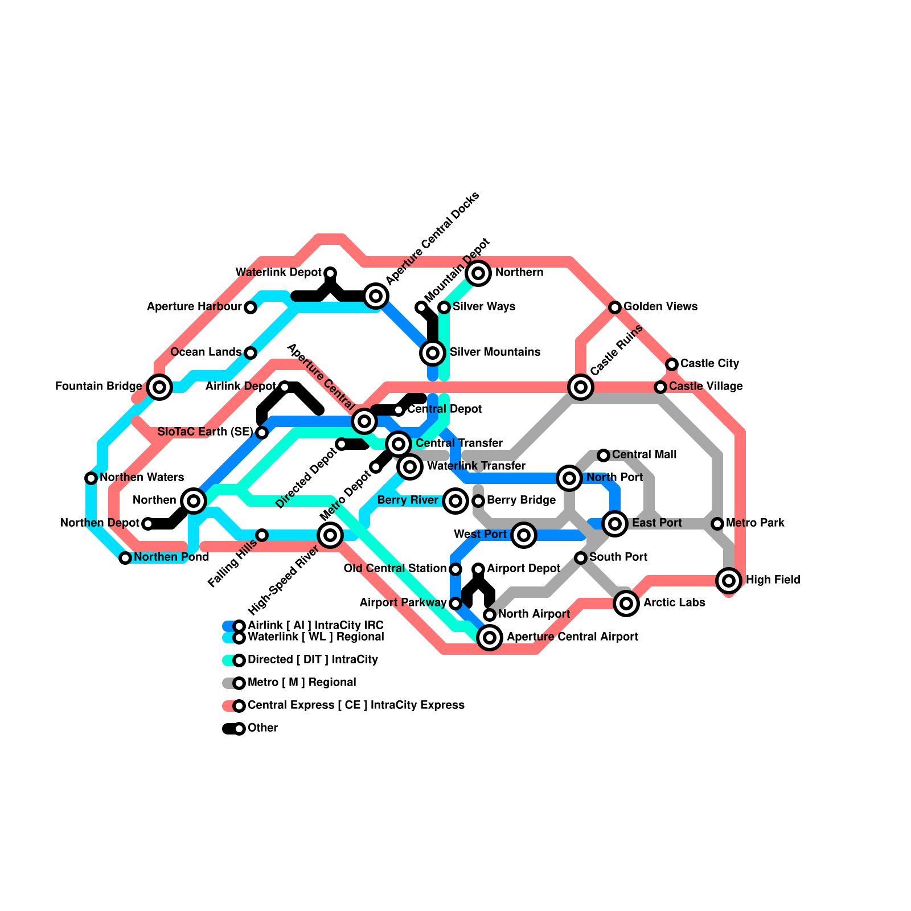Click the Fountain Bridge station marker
[159, 387]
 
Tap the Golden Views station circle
[615, 307]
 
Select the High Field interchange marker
[729, 581]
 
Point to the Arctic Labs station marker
[626, 604]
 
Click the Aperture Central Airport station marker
[490, 637]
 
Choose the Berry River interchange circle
[455, 501]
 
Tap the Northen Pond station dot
[125, 558]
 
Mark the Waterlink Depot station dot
[330, 273]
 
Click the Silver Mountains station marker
[433, 353]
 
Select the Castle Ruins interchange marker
[581, 387]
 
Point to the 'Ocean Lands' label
[206, 352]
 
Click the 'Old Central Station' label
[395, 568]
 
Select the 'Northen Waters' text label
[142, 477]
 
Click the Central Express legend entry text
[356, 705]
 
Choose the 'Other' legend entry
[262, 728]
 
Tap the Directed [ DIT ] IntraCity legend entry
[313, 659]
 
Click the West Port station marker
[524, 535]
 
